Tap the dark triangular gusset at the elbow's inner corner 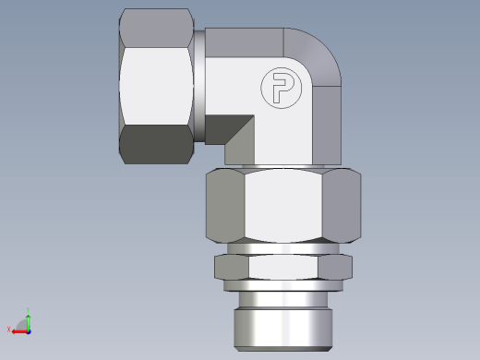pyautogui.click(x=238, y=128)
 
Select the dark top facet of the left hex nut pyautogui.click(x=155, y=27)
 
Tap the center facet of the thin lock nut pyautogui.click(x=283, y=267)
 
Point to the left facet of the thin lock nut pyautogui.click(x=232, y=267)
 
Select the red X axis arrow pyautogui.click(x=18, y=329)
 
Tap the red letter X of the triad pyautogui.click(x=9, y=330)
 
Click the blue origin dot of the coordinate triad pyautogui.click(x=28, y=329)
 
